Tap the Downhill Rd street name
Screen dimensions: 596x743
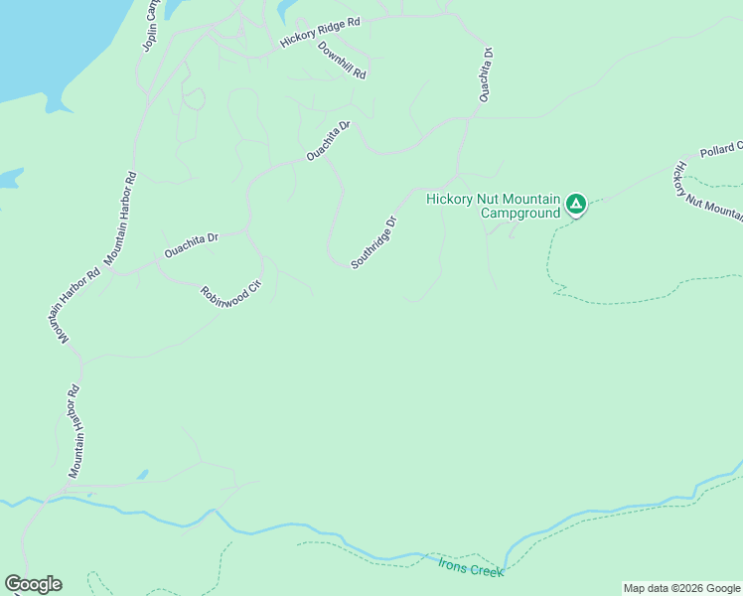pyautogui.click(x=343, y=61)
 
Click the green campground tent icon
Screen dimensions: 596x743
pyautogui.click(x=575, y=205)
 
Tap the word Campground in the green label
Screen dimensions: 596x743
pyautogui.click(x=520, y=213)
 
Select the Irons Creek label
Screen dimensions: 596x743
pyautogui.click(x=471, y=567)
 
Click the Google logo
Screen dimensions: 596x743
pyautogui.click(x=33, y=584)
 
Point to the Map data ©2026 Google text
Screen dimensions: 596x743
pyautogui.click(x=681, y=588)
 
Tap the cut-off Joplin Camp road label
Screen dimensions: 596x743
pyautogui.click(x=150, y=25)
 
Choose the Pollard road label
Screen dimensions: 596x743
pyautogui.click(x=720, y=149)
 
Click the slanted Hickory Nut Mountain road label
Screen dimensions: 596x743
pyautogui.click(x=707, y=193)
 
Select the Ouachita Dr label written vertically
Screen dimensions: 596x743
pyautogui.click(x=486, y=74)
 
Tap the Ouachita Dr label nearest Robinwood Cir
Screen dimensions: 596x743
pyautogui.click(x=191, y=245)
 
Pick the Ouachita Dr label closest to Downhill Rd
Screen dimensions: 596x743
pyautogui.click(x=328, y=141)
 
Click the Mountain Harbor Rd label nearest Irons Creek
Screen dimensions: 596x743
pyautogui.click(x=74, y=431)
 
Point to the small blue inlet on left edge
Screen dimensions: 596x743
pyautogui.click(x=8, y=178)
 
